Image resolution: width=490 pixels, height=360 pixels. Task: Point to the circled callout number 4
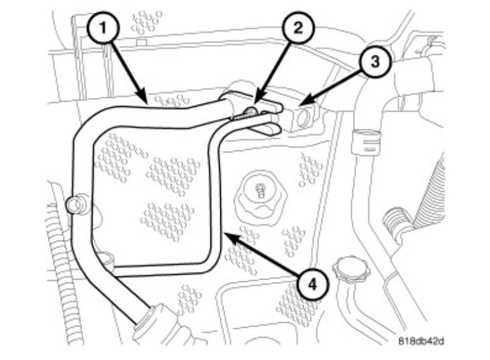[312, 284]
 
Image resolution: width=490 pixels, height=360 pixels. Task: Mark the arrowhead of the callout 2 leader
[256, 102]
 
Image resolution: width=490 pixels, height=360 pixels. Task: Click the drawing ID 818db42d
[421, 340]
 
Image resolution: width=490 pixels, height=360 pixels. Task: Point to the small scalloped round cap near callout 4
[348, 269]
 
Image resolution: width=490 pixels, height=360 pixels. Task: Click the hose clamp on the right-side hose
[365, 142]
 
